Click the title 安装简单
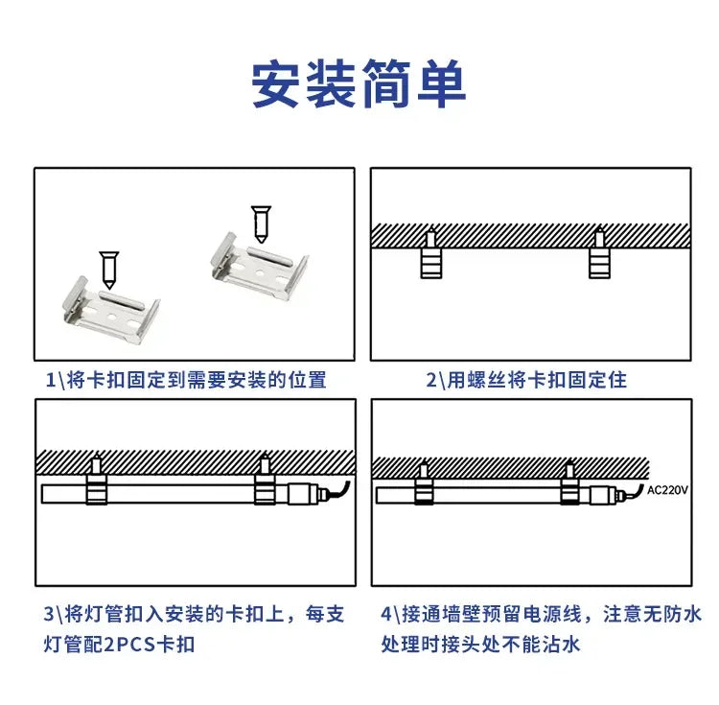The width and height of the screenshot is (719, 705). pos(359,84)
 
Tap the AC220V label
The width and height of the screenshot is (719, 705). pos(667,490)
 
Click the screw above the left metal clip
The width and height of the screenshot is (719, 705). pos(109,270)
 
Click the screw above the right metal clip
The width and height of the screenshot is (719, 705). pos(261,224)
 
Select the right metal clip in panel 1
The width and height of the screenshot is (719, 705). pos(260,266)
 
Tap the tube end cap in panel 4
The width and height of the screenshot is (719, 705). pos(604,495)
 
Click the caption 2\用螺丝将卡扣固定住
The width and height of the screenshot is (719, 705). pos(526,380)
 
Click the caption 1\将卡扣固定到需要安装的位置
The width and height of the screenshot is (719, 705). pos(186,380)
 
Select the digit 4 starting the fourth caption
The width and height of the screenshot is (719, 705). pos(386,614)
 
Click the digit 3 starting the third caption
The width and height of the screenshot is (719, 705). pos(49,614)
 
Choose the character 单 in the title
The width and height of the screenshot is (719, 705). pos(442,84)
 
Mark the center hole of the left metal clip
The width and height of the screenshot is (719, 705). pos(111,316)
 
